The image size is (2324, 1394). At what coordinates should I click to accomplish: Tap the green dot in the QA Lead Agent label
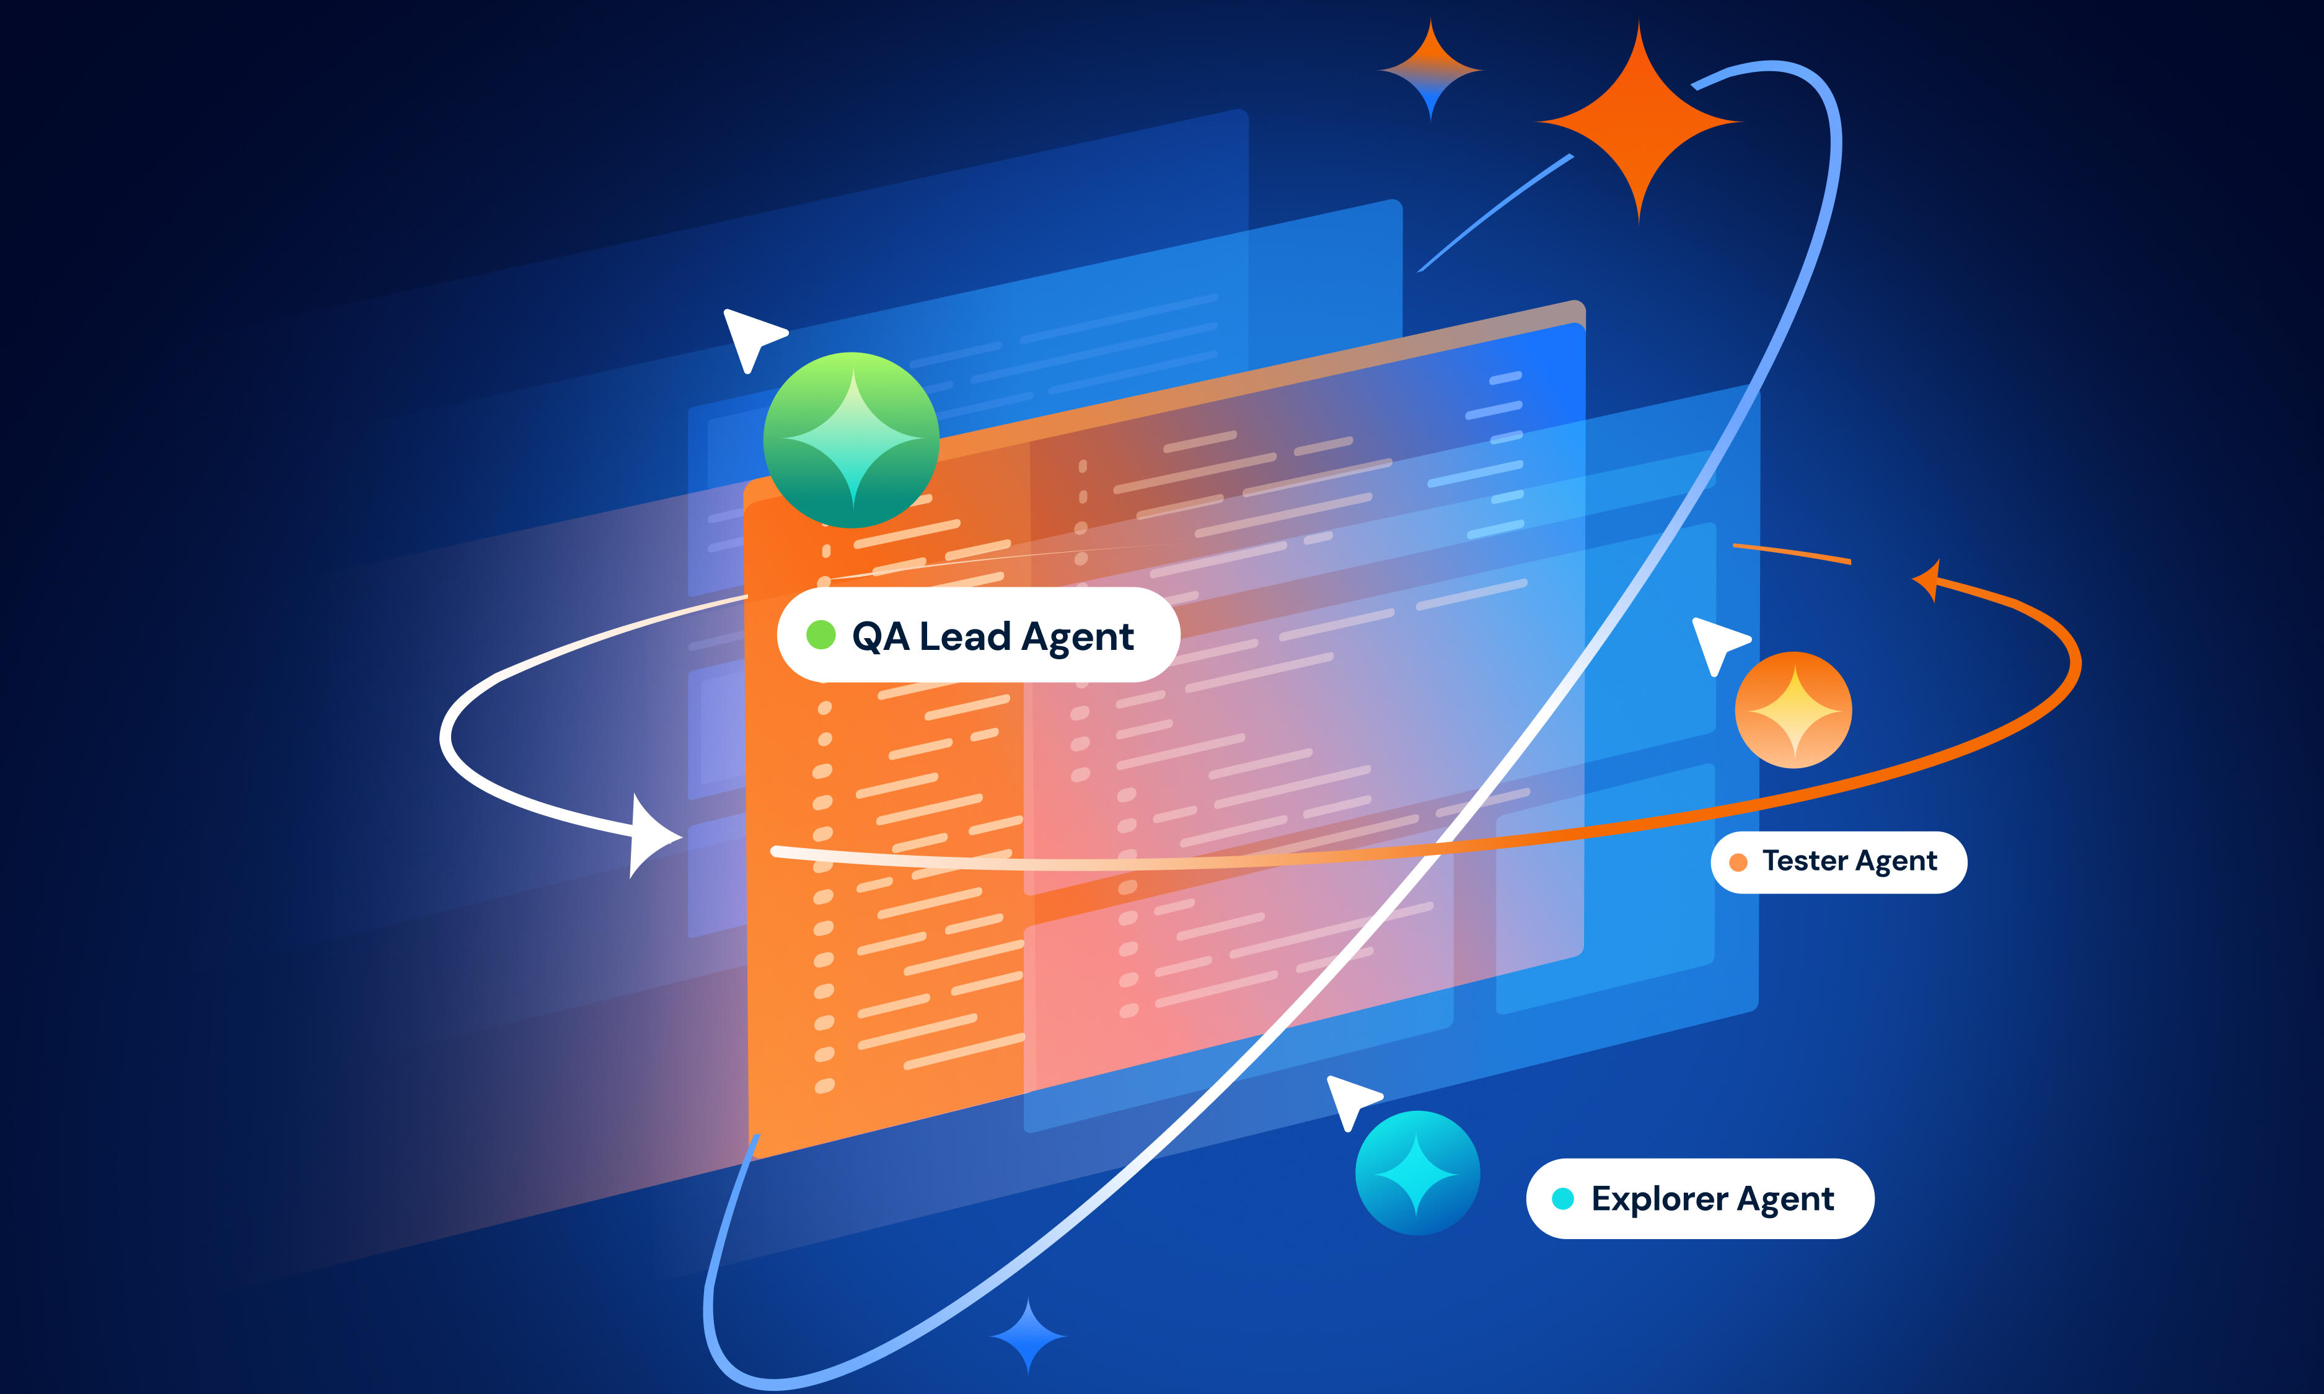pos(821,635)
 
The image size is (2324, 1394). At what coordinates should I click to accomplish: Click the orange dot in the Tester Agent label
pos(1738,862)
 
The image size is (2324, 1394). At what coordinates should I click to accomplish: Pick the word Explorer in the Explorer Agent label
pos(1659,1199)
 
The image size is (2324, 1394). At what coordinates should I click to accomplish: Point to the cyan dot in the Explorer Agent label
pos(1563,1199)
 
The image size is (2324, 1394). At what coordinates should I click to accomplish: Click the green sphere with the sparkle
pos(851,440)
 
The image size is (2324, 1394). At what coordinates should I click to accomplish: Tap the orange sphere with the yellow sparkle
pos(1794,710)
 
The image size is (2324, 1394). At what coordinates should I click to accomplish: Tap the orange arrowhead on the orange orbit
pos(1927,581)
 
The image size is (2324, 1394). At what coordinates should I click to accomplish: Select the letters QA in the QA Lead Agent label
pos(880,637)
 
